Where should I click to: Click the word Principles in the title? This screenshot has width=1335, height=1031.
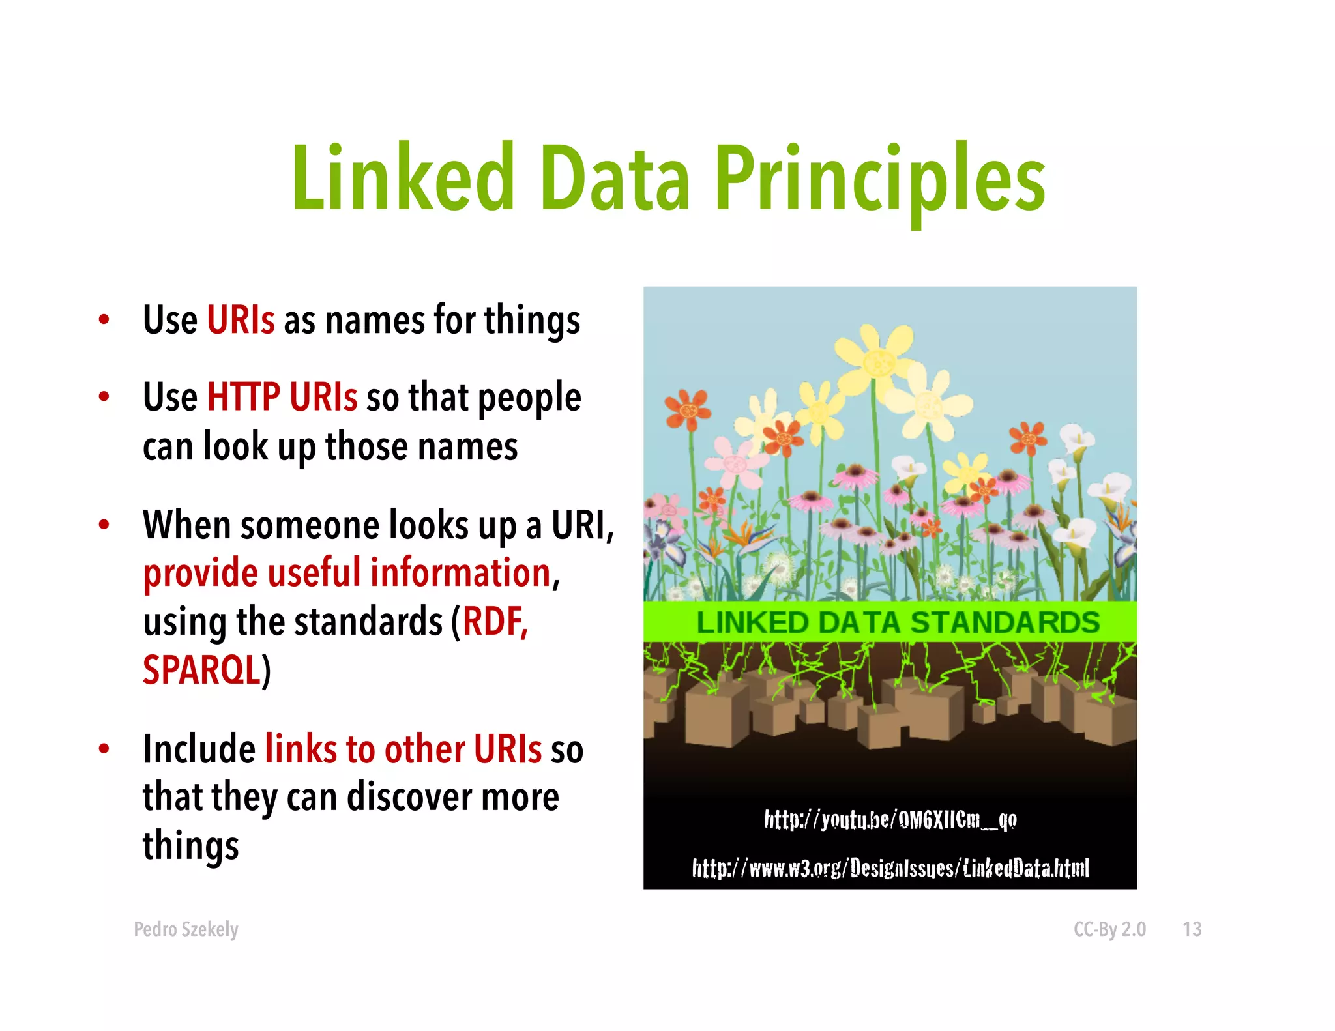tap(880, 179)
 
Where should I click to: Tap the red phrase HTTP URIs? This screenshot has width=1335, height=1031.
tap(282, 397)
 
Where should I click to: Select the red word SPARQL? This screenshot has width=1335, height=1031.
tap(201, 669)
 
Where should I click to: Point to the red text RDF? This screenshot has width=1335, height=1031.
tap(494, 621)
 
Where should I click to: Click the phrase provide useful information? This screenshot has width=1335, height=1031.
tap(347, 573)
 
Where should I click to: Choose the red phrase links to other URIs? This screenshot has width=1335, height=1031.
tap(403, 749)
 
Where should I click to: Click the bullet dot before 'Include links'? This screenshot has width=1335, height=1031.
tap(104, 749)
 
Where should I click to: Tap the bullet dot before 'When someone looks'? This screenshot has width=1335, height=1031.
tap(104, 525)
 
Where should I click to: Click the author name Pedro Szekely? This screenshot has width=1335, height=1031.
tap(186, 929)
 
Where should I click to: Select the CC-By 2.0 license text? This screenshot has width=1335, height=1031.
tap(1109, 929)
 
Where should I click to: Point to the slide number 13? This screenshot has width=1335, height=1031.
tap(1192, 929)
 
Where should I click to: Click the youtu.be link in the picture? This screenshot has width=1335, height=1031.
tap(890, 819)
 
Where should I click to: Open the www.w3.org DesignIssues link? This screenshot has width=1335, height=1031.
tap(890, 868)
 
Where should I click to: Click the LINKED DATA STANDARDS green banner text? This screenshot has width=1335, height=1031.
tap(898, 622)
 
